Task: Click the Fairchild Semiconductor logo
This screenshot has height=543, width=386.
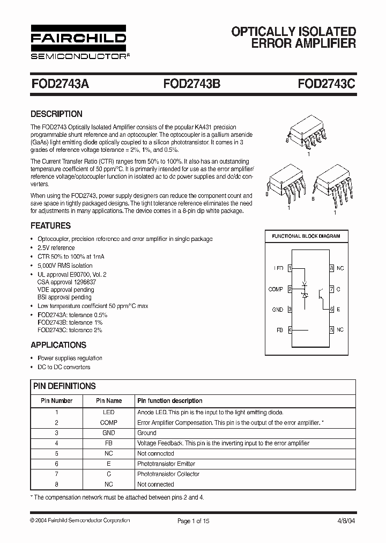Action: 78,43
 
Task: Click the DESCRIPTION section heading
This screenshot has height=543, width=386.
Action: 56,114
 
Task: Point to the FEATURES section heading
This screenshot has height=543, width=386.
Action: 50,226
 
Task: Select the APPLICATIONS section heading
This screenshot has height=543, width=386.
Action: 58,345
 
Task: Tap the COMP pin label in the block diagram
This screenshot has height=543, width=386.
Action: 276,289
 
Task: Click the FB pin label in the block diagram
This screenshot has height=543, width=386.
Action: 279,330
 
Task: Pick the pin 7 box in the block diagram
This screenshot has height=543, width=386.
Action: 332,289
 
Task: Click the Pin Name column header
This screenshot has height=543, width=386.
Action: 109,401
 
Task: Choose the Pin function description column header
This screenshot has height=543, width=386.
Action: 170,401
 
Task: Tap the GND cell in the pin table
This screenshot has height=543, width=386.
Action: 109,432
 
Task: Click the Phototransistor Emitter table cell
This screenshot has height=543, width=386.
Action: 166,464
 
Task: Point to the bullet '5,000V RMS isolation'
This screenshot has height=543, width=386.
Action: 65,266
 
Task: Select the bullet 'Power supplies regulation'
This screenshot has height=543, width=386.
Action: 70,358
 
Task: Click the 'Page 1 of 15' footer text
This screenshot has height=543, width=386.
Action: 193,520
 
